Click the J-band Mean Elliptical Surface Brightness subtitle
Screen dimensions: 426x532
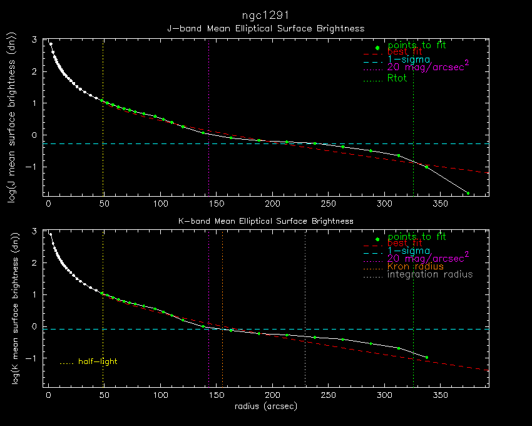point(265,28)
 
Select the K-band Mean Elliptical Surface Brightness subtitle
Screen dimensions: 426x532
point(265,221)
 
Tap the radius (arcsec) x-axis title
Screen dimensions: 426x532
point(265,406)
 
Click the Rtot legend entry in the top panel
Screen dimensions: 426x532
point(397,78)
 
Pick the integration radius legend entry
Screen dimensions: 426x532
point(430,275)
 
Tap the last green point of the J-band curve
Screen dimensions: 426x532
point(468,193)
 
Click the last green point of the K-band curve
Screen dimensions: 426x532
point(427,357)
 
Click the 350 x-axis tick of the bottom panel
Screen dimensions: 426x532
point(439,396)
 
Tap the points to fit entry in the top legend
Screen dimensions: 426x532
point(416,46)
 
